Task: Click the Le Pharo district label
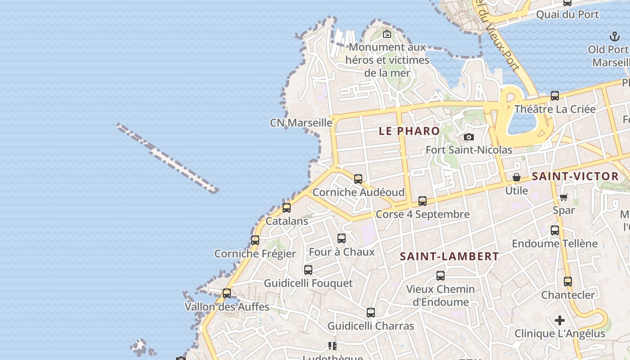(409, 131)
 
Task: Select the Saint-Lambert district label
(449, 256)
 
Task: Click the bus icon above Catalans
(287, 208)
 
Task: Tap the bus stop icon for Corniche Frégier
(255, 240)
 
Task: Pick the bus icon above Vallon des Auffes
(227, 293)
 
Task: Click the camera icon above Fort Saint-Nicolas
(469, 137)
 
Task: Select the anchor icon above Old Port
(615, 36)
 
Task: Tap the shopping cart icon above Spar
(563, 197)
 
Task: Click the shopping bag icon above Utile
(517, 177)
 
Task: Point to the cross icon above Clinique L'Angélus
(560, 320)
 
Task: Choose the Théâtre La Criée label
(555, 109)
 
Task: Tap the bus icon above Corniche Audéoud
(358, 179)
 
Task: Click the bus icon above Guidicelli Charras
(371, 313)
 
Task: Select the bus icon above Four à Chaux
(342, 238)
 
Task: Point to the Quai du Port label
(567, 14)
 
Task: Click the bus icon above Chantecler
(568, 282)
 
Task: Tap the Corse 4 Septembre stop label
(423, 214)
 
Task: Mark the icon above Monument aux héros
(387, 34)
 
